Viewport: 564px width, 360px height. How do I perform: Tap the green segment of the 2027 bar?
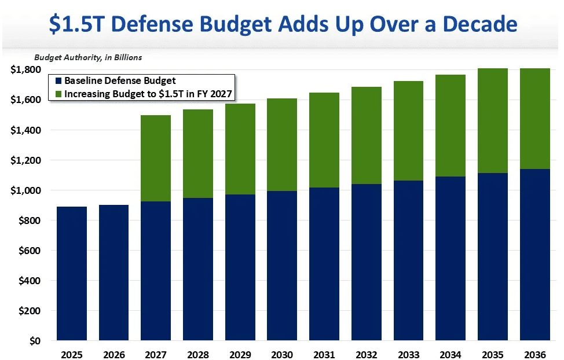(x=156, y=158)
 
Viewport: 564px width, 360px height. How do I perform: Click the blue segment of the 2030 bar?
(x=282, y=266)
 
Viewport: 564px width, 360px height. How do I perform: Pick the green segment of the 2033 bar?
(x=408, y=131)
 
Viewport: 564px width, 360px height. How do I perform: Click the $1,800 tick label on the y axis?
(x=25, y=70)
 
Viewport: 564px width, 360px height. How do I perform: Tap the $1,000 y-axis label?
(x=25, y=190)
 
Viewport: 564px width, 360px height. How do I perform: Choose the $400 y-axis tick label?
(x=30, y=281)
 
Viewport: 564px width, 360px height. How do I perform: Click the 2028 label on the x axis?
(x=198, y=354)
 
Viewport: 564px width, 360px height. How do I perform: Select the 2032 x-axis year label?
(x=366, y=354)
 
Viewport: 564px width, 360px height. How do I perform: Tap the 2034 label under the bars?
(x=451, y=354)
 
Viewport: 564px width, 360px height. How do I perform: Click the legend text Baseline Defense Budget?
(x=120, y=81)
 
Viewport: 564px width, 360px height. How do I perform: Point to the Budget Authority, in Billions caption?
(x=88, y=57)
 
